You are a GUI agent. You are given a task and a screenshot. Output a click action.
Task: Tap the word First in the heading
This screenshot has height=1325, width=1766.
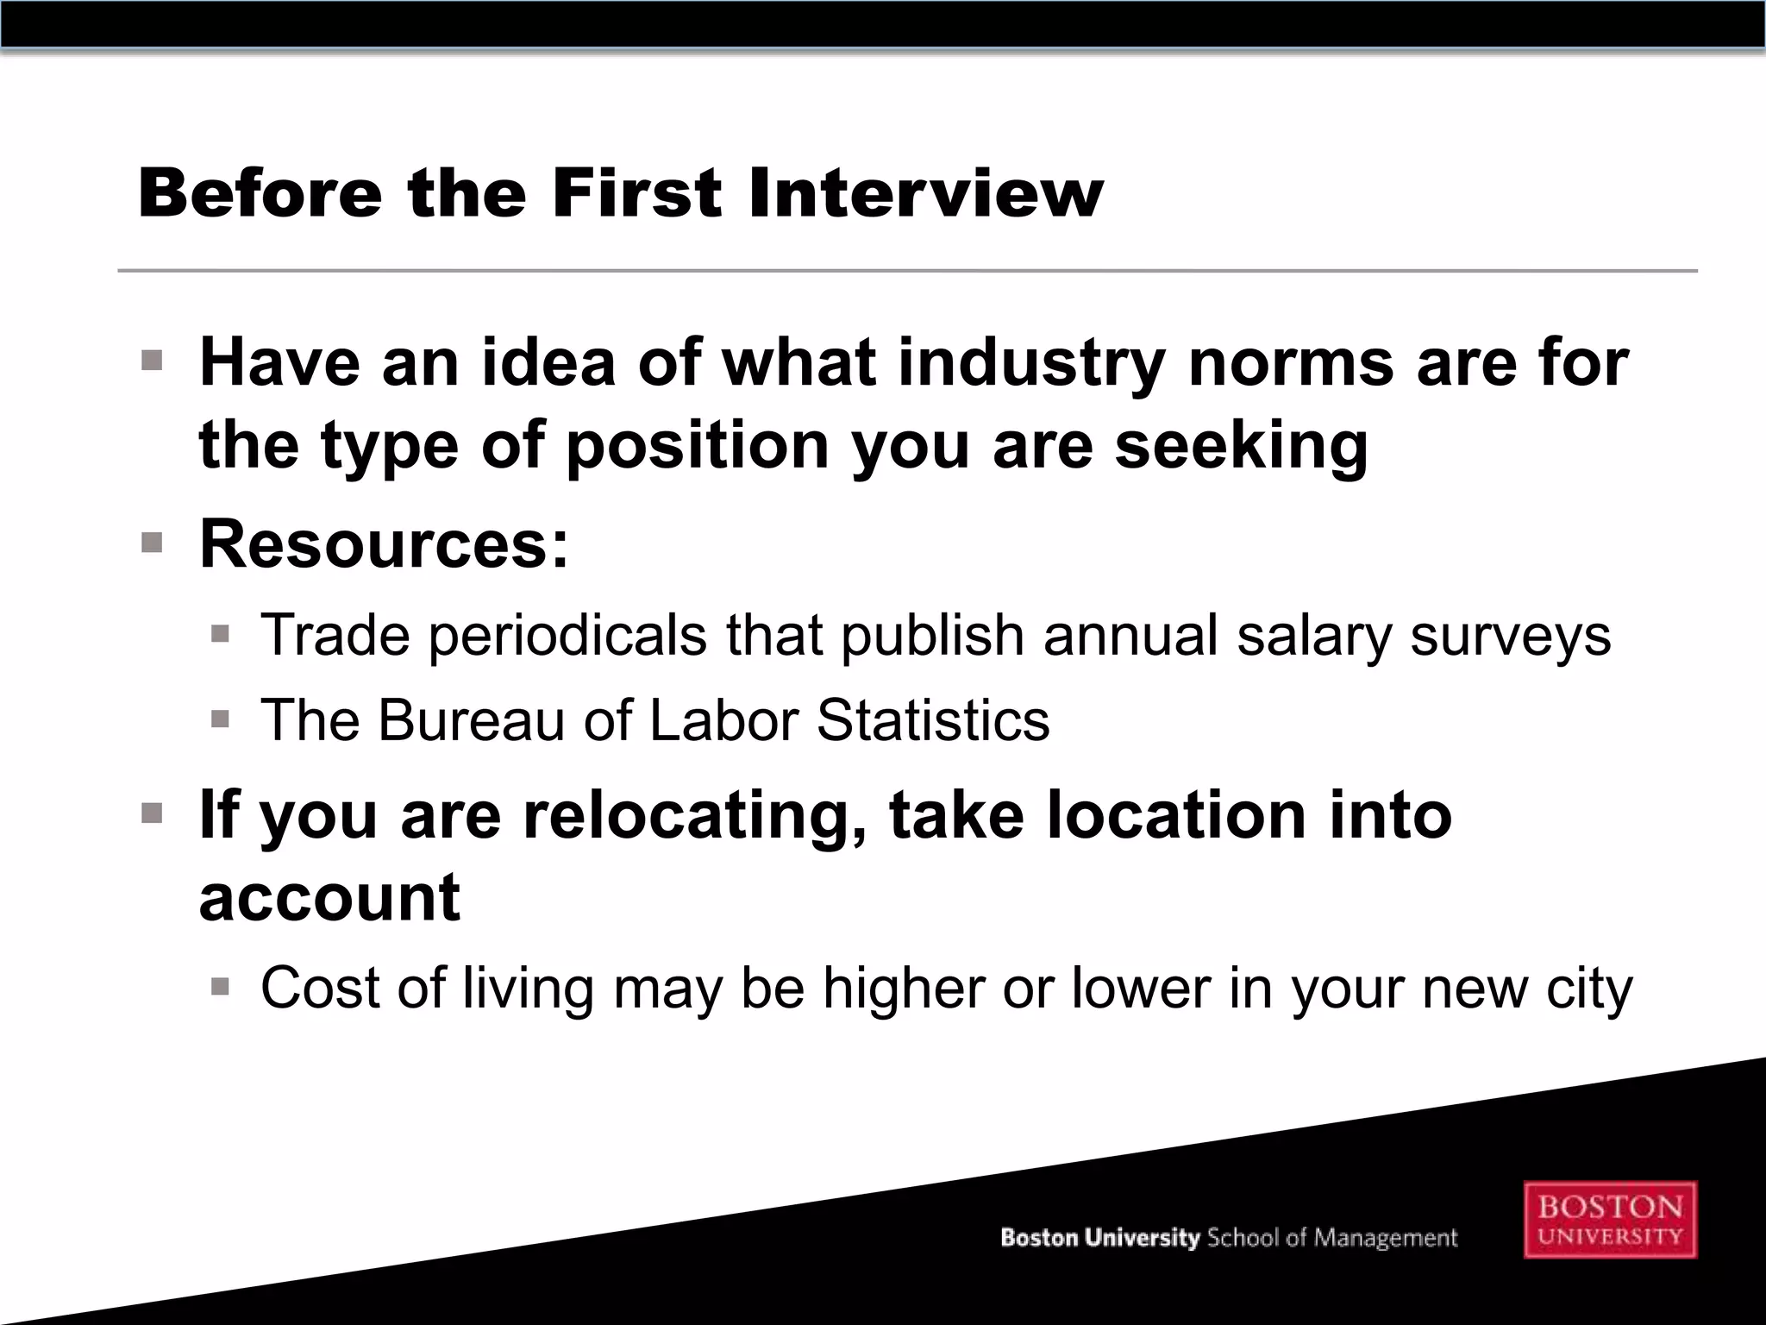coord(636,192)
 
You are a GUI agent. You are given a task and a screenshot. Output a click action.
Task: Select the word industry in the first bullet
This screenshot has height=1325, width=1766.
coord(1032,362)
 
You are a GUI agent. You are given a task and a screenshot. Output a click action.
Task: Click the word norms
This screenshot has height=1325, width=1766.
coord(1291,362)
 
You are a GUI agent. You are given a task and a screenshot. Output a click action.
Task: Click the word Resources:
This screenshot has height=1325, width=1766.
coord(385,544)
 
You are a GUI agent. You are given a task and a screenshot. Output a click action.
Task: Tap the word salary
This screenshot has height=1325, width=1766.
coord(1313,636)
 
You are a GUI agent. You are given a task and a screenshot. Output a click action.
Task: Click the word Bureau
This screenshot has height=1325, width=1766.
coord(471,720)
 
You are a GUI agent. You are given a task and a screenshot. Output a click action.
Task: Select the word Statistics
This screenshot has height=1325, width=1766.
coord(933,720)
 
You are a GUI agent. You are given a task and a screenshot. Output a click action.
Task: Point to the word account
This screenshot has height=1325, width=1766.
coord(329,897)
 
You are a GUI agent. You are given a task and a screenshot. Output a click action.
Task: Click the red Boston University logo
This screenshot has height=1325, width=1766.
coord(1610,1219)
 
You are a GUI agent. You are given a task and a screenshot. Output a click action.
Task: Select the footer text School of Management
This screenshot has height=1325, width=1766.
coord(1331,1238)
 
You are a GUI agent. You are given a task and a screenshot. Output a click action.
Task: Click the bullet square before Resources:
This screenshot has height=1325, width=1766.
coord(152,543)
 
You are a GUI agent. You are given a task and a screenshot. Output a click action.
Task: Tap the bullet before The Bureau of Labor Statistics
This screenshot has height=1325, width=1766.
coord(220,719)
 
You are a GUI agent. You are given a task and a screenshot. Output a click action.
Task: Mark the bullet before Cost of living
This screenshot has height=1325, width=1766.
coord(220,985)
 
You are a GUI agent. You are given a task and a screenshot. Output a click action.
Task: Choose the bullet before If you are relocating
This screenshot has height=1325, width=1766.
coord(152,813)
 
